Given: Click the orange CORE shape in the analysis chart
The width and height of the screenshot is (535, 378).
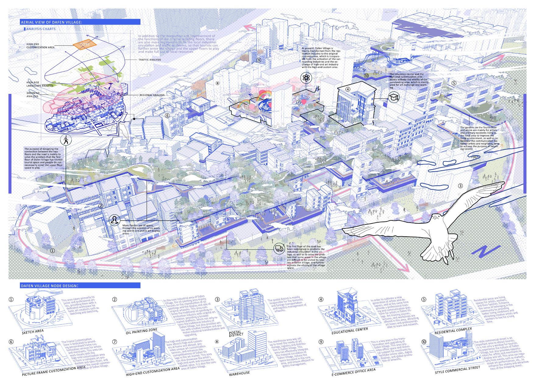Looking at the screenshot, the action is pos(84,45).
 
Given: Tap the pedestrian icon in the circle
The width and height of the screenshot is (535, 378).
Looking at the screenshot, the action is pos(66,140).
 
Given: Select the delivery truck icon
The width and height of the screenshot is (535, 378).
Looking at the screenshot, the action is pos(279,249).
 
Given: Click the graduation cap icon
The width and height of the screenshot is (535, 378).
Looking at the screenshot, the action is pos(392,98).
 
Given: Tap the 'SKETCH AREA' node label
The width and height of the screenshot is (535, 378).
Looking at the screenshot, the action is pos(33,331).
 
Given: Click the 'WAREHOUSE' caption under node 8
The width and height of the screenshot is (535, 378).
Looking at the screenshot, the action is pos(240,373).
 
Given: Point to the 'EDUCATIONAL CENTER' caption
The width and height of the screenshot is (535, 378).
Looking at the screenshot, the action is pos(350,330).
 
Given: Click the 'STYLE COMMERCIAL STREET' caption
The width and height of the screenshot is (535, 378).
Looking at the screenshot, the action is pos(458,370).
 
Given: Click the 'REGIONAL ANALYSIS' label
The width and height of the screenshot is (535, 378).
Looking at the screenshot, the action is pos(152,95).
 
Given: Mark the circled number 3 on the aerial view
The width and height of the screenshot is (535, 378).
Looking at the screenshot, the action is pos(460,186).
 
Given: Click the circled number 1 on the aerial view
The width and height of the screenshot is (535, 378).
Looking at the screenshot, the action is pos(52,251).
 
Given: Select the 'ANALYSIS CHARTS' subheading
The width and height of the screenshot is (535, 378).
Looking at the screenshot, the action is pos(41,29).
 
